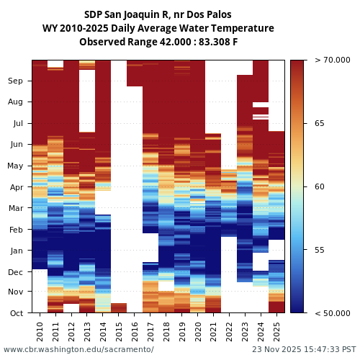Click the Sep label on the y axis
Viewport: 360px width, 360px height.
[16, 81]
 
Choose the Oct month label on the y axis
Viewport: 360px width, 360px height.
[16, 313]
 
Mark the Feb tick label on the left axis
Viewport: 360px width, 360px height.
[16, 230]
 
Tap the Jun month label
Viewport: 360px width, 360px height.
[16, 145]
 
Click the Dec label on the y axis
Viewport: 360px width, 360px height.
[16, 272]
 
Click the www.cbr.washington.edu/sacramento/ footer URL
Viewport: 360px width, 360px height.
[78, 349]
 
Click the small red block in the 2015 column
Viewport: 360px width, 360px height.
[119, 308]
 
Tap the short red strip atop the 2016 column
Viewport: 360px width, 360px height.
[135, 73]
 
